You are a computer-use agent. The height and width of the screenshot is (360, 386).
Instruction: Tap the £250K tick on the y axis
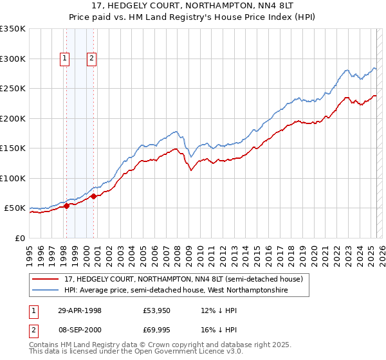coord(13,89)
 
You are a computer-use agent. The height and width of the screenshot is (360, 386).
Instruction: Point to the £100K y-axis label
coord(13,179)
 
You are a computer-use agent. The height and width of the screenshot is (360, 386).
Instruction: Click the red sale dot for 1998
coord(66,206)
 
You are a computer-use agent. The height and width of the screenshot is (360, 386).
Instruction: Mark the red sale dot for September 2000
coord(93,196)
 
